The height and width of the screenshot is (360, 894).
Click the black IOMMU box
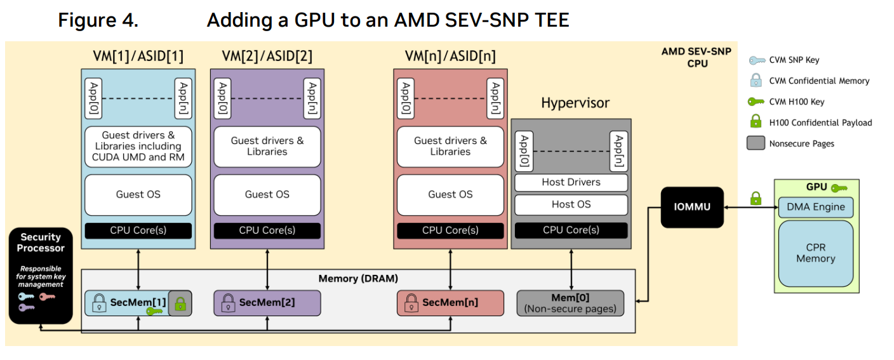point(692,207)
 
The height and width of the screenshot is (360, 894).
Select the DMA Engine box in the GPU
point(816,207)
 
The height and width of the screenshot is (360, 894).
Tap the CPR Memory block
point(816,253)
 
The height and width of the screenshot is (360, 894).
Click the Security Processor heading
point(41,243)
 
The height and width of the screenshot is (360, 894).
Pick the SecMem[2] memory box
point(267,303)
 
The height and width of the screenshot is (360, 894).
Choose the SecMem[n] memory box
point(450,303)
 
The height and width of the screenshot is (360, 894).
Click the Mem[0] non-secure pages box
point(571,303)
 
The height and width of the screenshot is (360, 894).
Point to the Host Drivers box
point(571,182)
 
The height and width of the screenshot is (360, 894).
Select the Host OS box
point(571,204)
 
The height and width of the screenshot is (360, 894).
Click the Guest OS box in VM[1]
point(138,194)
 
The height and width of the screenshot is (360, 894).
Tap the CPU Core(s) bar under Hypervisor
point(571,230)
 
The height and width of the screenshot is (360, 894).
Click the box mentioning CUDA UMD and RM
point(138,146)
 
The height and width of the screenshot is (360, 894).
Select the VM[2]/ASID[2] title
point(267,56)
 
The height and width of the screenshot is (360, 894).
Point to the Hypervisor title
point(575,103)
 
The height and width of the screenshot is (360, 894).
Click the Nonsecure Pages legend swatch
point(756,143)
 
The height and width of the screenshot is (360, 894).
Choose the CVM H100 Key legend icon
point(756,102)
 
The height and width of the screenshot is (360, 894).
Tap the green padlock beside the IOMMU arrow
point(756,198)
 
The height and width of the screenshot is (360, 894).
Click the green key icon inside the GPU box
point(839,188)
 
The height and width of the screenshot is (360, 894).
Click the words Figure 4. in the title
point(98,20)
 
